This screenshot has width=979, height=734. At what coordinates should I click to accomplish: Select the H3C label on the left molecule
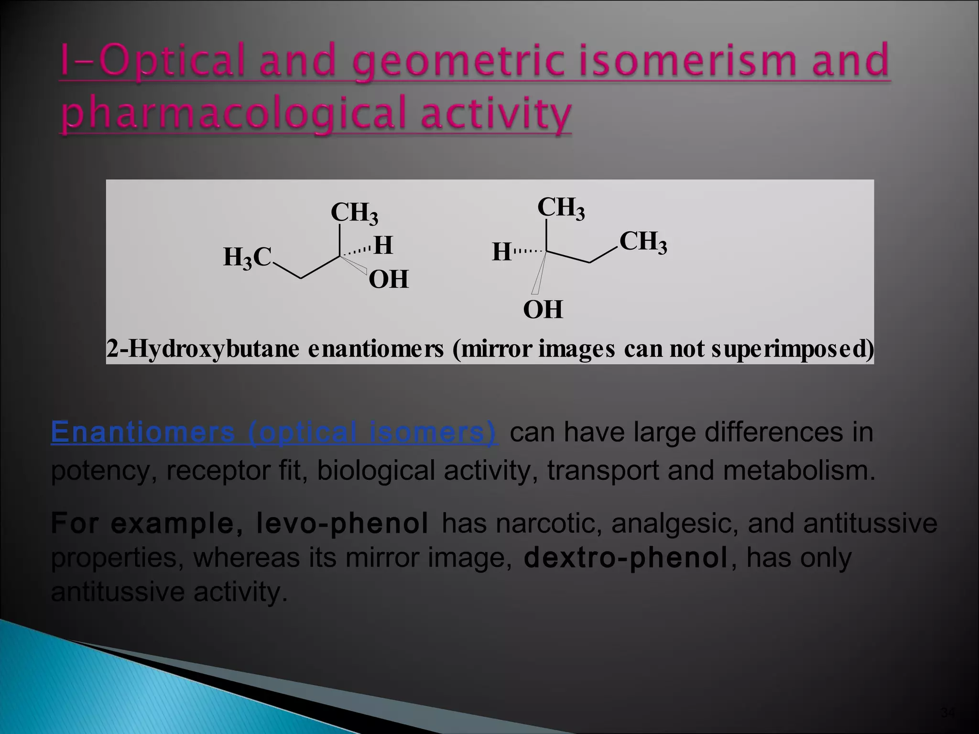[247, 258]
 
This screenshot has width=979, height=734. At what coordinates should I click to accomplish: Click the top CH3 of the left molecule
[354, 213]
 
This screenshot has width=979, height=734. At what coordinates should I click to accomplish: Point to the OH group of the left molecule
[389, 280]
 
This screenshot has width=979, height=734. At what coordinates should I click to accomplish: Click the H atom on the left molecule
[383, 246]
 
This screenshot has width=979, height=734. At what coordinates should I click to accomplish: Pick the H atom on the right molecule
[502, 252]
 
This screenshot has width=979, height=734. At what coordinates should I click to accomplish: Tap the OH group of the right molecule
[543, 310]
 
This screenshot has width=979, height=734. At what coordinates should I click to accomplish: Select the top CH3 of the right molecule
[561, 208]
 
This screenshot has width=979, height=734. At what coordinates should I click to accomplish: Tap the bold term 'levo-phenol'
[342, 523]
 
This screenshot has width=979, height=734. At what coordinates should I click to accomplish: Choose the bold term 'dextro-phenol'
[626, 558]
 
